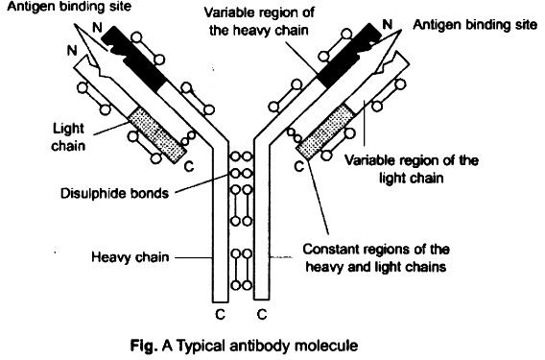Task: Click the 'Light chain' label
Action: click(68, 137)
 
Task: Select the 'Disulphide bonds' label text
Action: click(114, 193)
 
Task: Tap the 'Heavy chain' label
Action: click(130, 257)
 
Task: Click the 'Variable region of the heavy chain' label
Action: click(259, 21)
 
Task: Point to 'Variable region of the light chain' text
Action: click(412, 169)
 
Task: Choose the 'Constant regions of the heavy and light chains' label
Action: click(376, 258)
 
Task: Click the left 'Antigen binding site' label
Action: click(69, 7)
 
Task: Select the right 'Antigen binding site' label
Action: click(475, 25)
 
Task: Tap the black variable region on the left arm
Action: click(135, 58)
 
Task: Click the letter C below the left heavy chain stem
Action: click(220, 315)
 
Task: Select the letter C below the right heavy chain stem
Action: click(262, 315)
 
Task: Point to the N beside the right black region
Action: click(388, 24)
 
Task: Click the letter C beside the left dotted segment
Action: click(189, 167)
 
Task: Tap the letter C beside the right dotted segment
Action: click(299, 167)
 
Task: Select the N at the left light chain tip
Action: click(72, 51)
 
